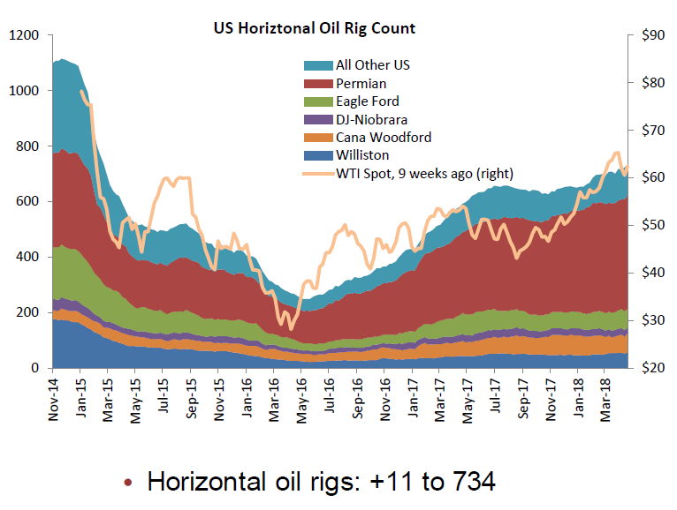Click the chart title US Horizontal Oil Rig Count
pos(315,28)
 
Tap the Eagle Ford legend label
pos(368,101)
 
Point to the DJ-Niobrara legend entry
pos(371,119)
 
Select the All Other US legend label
pos(373,65)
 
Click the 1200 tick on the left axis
pos(26,35)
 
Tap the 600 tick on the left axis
pos(29,201)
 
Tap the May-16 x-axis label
pos(302,398)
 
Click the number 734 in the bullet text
pos(468,483)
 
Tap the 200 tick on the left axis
pos(29,312)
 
